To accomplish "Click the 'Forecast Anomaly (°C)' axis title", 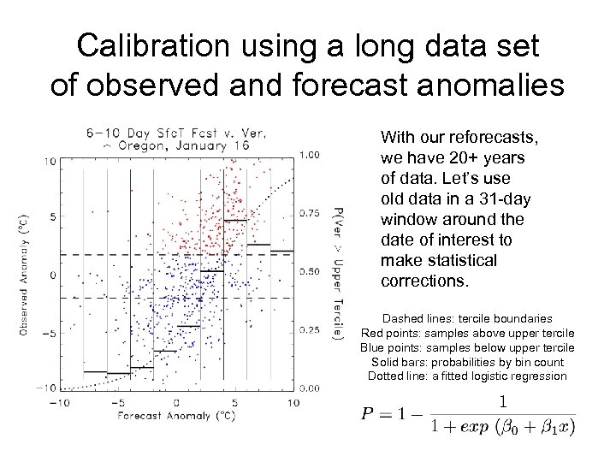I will coord(175,416).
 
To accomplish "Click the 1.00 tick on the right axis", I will coord(311,155).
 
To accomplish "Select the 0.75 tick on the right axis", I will coord(311,213).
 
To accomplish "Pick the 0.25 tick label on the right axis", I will coord(311,329).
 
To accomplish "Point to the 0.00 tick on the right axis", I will coord(311,388).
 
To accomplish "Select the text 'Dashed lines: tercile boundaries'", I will coord(467,317).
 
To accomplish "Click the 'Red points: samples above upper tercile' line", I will coord(467,332).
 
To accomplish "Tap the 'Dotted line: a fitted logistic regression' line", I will coord(467,376).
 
